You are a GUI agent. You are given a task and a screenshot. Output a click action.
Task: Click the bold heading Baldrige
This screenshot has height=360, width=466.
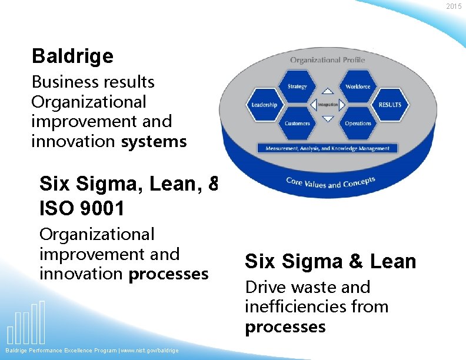coord(72,56)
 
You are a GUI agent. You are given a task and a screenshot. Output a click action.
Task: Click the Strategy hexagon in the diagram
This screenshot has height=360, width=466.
coord(297,86)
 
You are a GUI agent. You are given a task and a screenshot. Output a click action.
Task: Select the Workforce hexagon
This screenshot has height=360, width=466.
coord(358,86)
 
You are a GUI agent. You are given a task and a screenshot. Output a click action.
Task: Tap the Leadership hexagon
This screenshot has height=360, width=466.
coord(264,105)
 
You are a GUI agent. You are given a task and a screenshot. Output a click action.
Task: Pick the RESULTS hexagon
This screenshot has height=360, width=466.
coord(390,105)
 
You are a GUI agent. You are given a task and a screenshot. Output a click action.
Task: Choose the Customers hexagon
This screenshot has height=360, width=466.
coord(297,124)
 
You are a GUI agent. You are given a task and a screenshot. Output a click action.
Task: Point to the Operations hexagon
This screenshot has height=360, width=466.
coord(358,124)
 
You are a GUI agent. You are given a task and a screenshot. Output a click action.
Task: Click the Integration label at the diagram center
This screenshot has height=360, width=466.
coord(328,105)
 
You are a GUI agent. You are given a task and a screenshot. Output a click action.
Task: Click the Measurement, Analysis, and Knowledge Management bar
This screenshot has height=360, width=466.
coord(328,148)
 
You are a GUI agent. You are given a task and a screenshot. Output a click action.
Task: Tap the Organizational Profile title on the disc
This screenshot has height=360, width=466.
coord(327,60)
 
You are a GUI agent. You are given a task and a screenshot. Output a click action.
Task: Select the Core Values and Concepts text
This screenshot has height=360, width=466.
coord(330,182)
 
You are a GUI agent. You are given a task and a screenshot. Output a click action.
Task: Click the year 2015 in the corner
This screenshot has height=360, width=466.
coord(454,6)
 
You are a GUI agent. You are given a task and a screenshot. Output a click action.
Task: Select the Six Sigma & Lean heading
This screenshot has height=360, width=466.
coord(330,261)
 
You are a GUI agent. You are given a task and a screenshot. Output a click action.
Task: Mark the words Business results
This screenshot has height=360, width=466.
coord(92,82)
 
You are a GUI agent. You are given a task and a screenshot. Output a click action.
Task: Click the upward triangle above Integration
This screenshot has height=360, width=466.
coord(328,92)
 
